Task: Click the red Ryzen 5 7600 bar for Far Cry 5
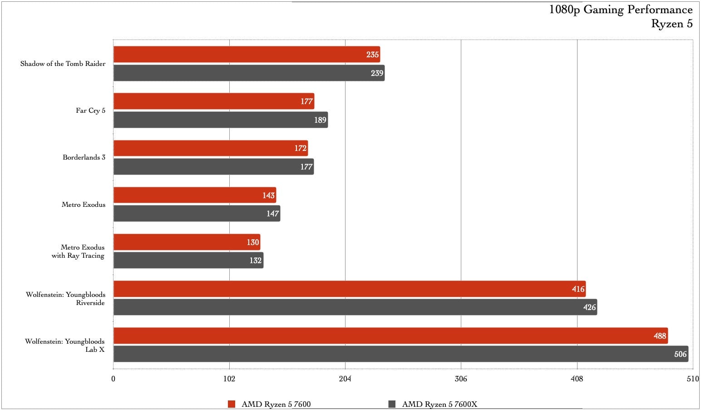click(x=213, y=101)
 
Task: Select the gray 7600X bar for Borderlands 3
click(x=213, y=167)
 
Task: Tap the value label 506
click(x=680, y=354)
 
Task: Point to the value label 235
click(x=372, y=55)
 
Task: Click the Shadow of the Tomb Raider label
click(x=63, y=64)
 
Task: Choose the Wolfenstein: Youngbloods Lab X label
click(x=65, y=345)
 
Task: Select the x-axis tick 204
click(x=345, y=379)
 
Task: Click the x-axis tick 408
click(x=577, y=379)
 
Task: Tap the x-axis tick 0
click(x=114, y=379)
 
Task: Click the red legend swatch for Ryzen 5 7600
click(x=232, y=404)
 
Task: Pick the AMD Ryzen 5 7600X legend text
click(x=439, y=404)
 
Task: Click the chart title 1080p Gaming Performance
click(x=621, y=10)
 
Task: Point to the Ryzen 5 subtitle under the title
click(x=671, y=24)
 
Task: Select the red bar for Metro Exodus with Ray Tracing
click(x=186, y=242)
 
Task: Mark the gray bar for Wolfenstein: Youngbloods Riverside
click(x=354, y=307)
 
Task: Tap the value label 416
click(x=578, y=289)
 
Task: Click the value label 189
click(x=320, y=120)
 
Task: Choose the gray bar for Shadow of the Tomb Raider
click(x=249, y=73)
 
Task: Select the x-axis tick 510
click(x=692, y=379)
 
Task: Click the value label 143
click(x=268, y=195)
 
